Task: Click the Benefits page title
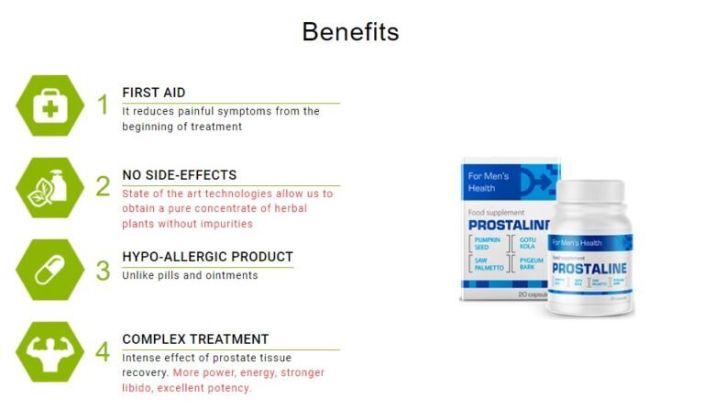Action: [350, 32]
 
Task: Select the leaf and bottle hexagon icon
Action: [49, 187]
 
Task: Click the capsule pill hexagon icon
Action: [49, 270]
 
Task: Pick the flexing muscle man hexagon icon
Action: [49, 351]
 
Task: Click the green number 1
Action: [103, 105]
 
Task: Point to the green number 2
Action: [103, 187]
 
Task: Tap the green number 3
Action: [103, 270]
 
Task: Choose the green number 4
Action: [103, 351]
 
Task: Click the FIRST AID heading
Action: [154, 93]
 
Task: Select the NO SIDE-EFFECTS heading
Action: [180, 175]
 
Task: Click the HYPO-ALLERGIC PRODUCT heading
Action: [208, 257]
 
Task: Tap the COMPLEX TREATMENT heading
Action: [195, 338]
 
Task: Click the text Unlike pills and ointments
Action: [190, 275]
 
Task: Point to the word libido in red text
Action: [137, 388]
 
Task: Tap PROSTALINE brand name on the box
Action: [509, 224]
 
